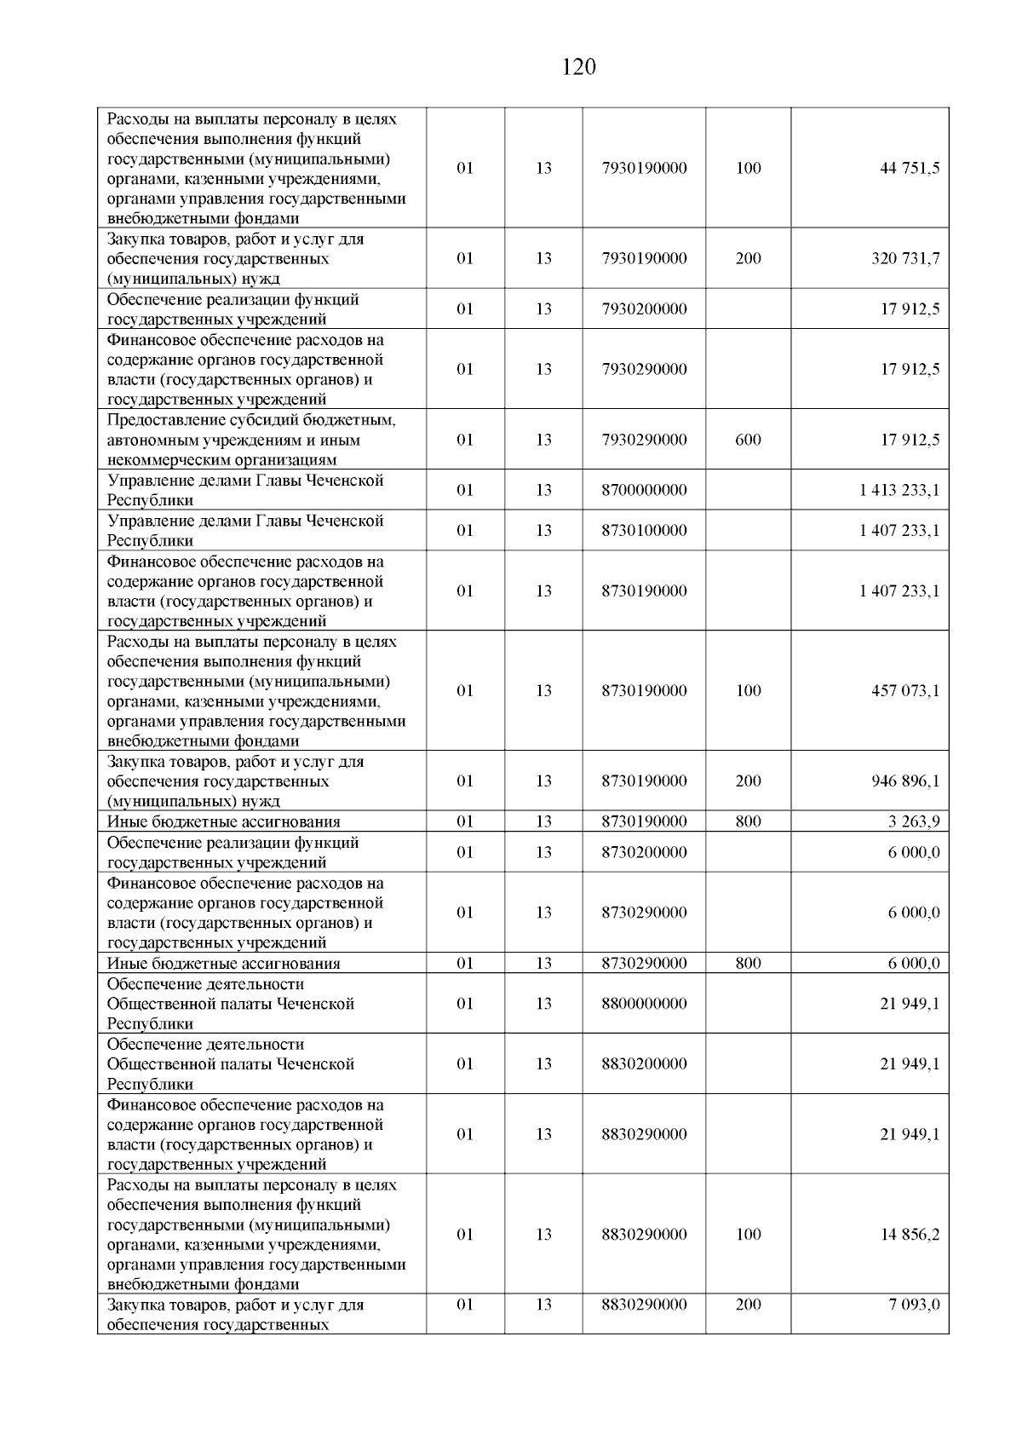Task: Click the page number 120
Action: click(x=579, y=67)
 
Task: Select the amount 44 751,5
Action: click(x=910, y=168)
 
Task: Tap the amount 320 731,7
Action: click(x=905, y=258)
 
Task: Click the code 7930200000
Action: click(x=644, y=308)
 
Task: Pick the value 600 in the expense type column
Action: click(x=748, y=440)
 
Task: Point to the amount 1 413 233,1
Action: click(x=899, y=490)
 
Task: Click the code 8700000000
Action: click(x=644, y=490)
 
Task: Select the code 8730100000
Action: click(x=644, y=530)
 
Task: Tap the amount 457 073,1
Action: click(x=905, y=690)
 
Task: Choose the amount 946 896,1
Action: click(x=905, y=781)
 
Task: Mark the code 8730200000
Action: click(x=644, y=852)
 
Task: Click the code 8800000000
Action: click(x=644, y=1004)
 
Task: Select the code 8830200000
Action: click(x=644, y=1063)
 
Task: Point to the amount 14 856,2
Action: click(x=910, y=1234)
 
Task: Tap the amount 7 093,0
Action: click(x=915, y=1305)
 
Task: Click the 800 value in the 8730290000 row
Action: click(x=748, y=964)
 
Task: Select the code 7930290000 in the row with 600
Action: click(x=644, y=440)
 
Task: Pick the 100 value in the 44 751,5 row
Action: click(x=748, y=168)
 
